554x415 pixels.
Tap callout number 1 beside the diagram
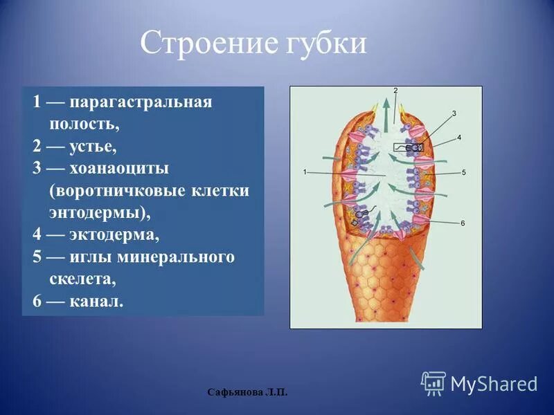305,171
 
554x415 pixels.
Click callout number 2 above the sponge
395,91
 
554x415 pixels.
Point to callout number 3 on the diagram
454,113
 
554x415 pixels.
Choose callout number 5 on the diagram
464,172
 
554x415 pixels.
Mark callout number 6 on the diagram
462,223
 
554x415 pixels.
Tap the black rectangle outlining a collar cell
409,147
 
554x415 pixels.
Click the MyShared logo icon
434,383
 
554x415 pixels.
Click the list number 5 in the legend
37,258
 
